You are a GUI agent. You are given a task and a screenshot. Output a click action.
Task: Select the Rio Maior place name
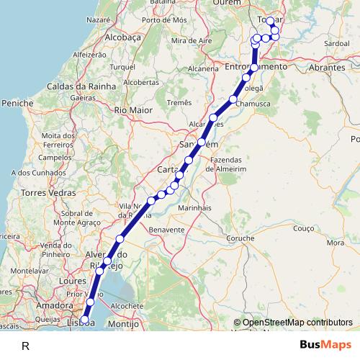pyautogui.click(x=131, y=110)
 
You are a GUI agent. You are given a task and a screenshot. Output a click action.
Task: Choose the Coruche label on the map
pyautogui.click(x=240, y=238)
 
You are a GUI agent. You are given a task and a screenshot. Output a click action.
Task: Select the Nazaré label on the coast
pyautogui.click(x=99, y=20)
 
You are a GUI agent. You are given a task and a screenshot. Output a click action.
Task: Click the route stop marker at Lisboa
pyautogui.click(x=84, y=320)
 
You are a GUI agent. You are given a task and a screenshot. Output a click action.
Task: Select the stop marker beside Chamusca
pyautogui.click(x=233, y=99)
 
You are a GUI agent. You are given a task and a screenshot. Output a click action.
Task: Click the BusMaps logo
pyautogui.click(x=327, y=345)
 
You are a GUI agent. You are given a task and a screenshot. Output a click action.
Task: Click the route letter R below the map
pyautogui.click(x=25, y=346)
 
